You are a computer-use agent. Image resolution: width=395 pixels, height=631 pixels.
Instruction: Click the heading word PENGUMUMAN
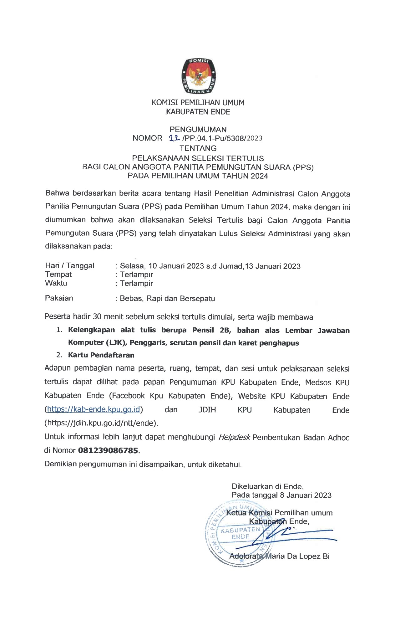(x=198, y=129)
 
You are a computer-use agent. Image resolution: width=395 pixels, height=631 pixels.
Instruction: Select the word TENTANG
(x=198, y=148)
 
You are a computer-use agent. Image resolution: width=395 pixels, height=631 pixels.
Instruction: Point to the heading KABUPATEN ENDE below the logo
(x=198, y=112)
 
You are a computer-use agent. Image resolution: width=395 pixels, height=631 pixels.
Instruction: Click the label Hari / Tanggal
(x=70, y=266)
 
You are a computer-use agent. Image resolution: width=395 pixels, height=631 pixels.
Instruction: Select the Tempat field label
(x=58, y=274)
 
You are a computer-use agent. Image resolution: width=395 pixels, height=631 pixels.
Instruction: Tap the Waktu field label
(x=56, y=283)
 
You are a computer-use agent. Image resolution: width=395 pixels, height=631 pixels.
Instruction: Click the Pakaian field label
(x=59, y=298)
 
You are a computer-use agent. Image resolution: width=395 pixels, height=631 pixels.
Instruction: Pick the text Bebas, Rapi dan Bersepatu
(x=167, y=299)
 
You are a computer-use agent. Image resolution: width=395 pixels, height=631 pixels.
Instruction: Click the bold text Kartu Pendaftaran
(x=101, y=355)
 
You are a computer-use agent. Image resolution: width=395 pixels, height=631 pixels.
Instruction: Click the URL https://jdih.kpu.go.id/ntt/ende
(x=101, y=423)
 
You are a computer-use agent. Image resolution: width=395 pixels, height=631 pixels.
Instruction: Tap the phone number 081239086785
(x=108, y=451)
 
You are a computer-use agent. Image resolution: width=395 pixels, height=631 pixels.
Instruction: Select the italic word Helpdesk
(x=234, y=437)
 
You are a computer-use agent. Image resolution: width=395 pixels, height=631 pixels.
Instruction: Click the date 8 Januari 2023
(x=306, y=495)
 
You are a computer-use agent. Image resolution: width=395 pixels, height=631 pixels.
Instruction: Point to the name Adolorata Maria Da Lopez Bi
(x=280, y=556)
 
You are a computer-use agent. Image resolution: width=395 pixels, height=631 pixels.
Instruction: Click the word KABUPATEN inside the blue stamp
(x=240, y=530)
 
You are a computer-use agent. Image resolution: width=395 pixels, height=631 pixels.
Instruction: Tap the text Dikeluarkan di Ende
(x=267, y=486)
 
